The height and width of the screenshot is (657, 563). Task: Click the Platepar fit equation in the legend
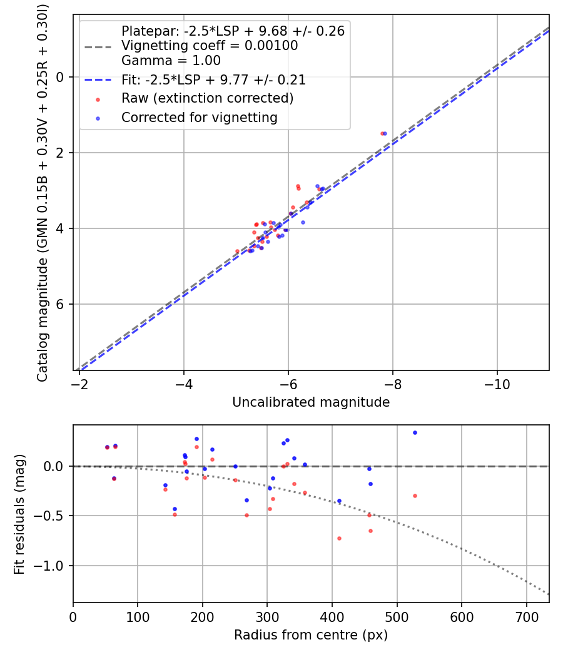coord(233,31)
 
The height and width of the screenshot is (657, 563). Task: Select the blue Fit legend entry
coord(213,80)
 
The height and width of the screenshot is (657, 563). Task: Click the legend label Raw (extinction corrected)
coord(207,98)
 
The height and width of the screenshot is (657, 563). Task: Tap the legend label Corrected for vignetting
coord(199,117)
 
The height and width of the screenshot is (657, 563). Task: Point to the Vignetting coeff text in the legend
coord(209,46)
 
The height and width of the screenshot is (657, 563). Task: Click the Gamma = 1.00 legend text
coord(171,61)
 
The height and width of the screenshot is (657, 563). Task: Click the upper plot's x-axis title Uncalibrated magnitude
coord(311,402)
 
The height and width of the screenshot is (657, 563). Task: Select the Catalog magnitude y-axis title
coord(43,191)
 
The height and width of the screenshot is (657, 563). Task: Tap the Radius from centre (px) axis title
coord(311,635)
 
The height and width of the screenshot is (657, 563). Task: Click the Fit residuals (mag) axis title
coord(19,514)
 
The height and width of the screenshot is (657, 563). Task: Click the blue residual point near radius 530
coord(415,432)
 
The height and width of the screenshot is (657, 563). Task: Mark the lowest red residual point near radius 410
coord(339,538)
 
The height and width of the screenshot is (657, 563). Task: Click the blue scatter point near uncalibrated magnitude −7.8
coord(385,133)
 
